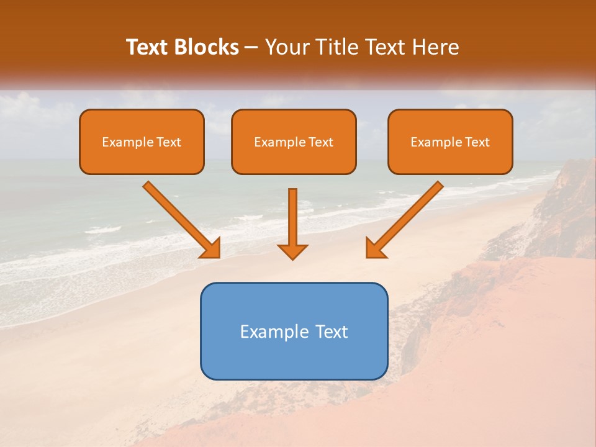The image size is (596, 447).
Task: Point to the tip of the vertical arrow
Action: [x=292, y=258]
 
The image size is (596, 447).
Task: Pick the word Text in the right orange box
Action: [x=477, y=142]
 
